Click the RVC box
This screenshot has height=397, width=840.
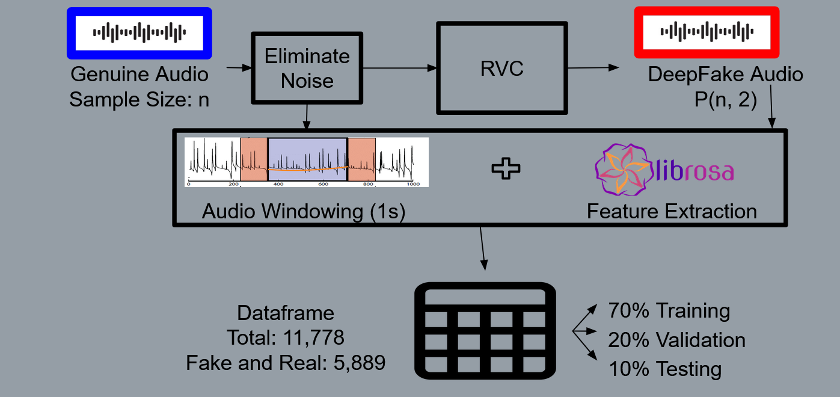(x=501, y=69)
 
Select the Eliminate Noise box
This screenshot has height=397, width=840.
(x=307, y=68)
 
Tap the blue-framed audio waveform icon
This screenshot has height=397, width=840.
(x=139, y=33)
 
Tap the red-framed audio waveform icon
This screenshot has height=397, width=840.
(x=707, y=32)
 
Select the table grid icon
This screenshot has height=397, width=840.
(x=485, y=331)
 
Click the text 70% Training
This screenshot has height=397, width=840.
(x=669, y=311)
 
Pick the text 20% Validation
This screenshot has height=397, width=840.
(x=676, y=340)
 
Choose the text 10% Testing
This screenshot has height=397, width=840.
(x=664, y=368)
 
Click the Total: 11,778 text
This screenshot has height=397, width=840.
(x=286, y=337)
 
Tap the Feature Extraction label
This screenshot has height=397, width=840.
(x=672, y=211)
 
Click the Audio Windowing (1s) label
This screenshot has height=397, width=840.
(x=304, y=211)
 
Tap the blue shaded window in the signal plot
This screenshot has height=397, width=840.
(x=307, y=159)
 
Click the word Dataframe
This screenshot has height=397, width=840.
(x=286, y=313)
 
